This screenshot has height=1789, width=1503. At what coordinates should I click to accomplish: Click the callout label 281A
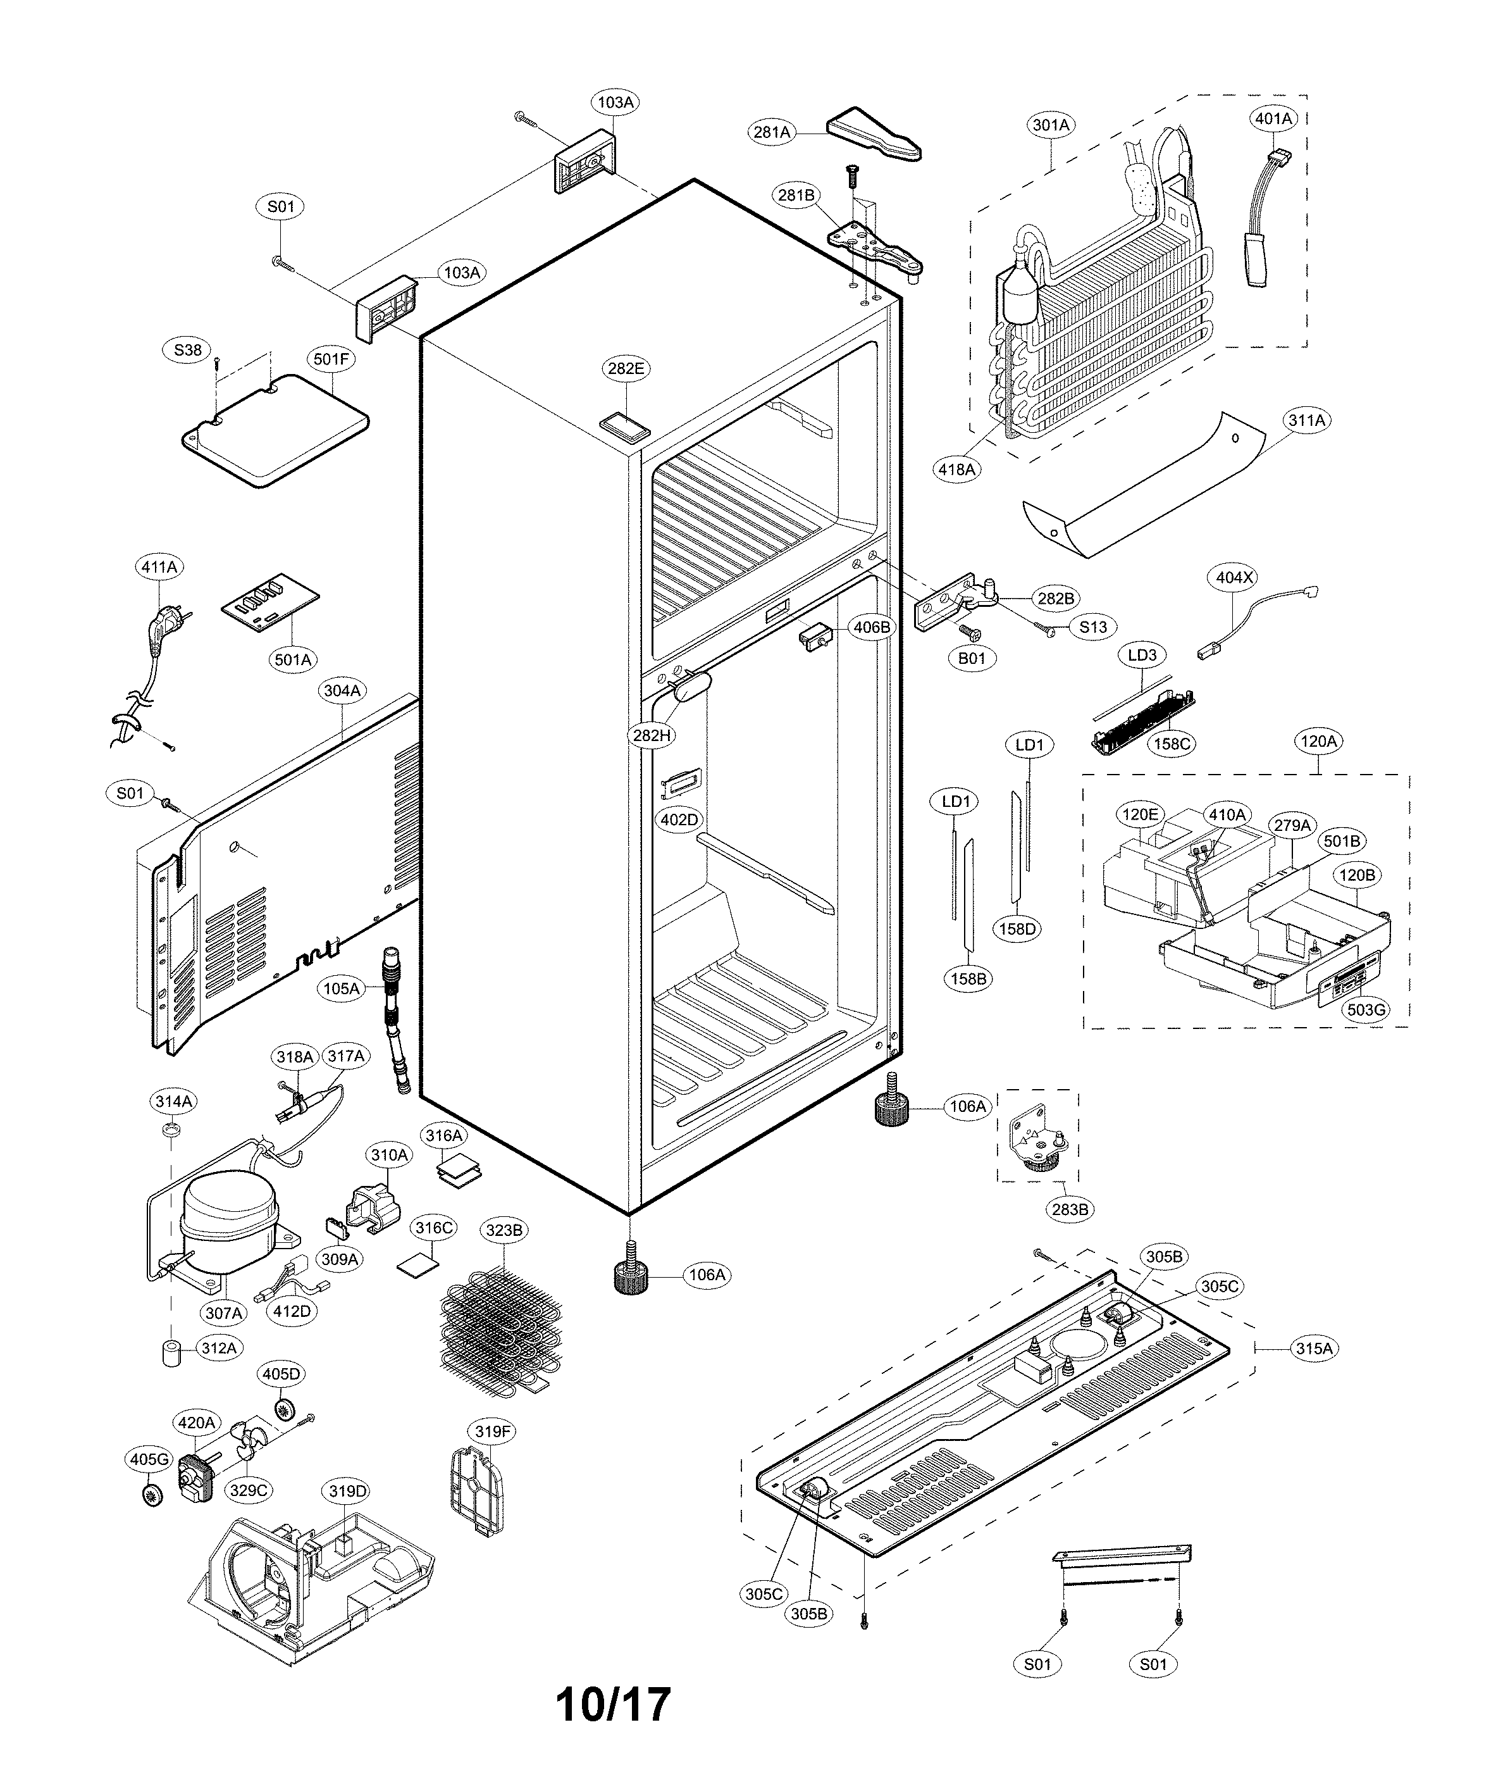click(x=772, y=132)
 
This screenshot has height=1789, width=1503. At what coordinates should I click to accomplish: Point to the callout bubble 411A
click(x=159, y=567)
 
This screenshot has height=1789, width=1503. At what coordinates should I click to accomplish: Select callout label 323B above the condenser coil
click(x=504, y=1230)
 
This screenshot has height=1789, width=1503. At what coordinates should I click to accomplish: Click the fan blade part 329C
click(x=253, y=1444)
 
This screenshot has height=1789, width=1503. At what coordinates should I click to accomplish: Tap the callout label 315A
click(x=1313, y=1349)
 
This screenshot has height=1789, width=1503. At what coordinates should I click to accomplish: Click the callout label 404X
click(x=1235, y=577)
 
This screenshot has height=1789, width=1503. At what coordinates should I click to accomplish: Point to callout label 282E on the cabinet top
click(x=626, y=368)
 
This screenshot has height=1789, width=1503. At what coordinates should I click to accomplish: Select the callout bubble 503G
click(x=1365, y=1010)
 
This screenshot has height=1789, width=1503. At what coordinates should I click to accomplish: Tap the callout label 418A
click(x=956, y=469)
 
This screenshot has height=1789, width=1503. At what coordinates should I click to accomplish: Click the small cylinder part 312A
click(x=173, y=1354)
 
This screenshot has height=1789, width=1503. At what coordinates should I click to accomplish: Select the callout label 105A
click(x=342, y=988)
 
